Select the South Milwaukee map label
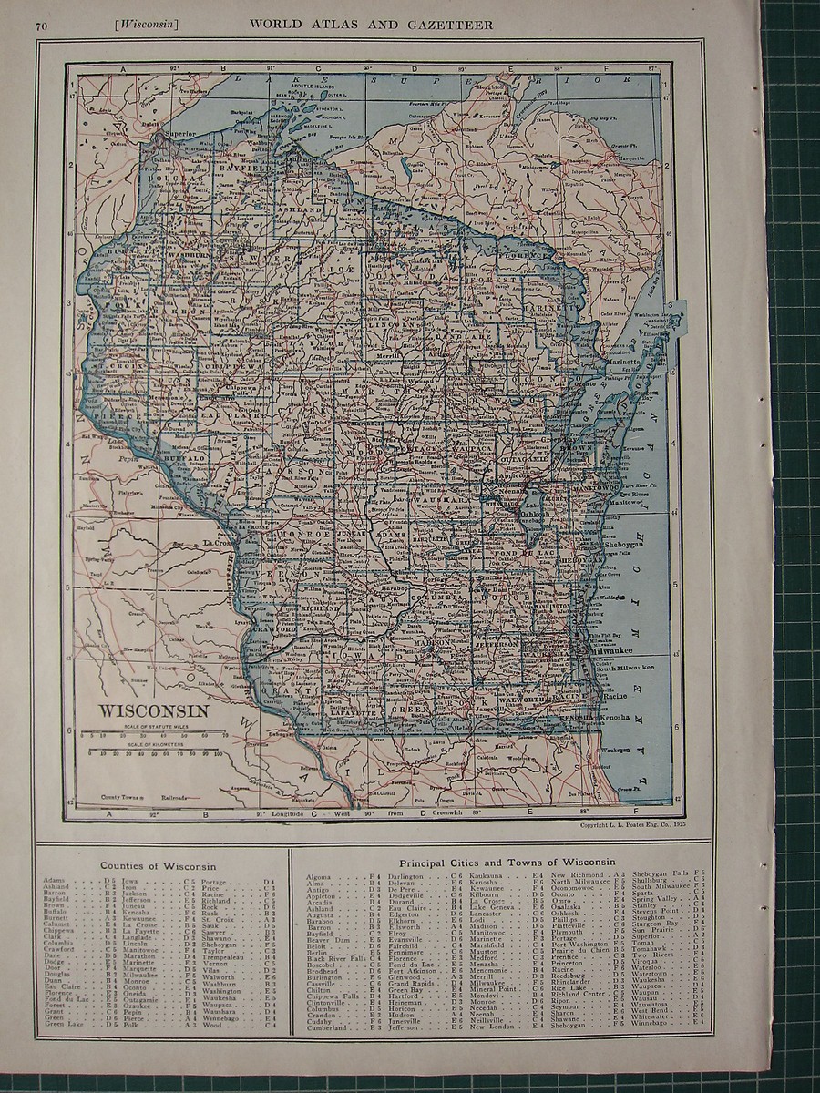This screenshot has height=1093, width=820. [628, 669]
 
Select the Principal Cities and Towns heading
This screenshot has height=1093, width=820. [507, 862]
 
